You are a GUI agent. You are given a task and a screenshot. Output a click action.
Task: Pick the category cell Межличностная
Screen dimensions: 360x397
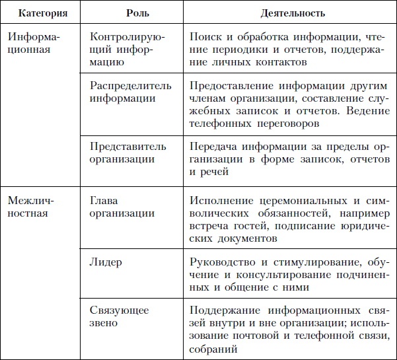(31, 207)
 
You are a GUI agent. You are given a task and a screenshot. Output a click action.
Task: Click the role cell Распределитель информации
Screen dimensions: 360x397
(130, 92)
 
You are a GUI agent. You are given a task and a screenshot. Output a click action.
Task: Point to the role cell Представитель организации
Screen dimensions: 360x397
(127, 153)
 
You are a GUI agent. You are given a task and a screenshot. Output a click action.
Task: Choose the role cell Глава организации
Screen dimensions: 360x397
(122, 207)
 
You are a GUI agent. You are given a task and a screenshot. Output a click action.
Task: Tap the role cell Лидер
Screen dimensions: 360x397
(105, 262)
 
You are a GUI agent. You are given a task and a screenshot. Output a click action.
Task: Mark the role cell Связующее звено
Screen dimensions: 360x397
(118, 316)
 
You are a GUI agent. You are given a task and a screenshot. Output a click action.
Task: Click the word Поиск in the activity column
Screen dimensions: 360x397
(204, 38)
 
